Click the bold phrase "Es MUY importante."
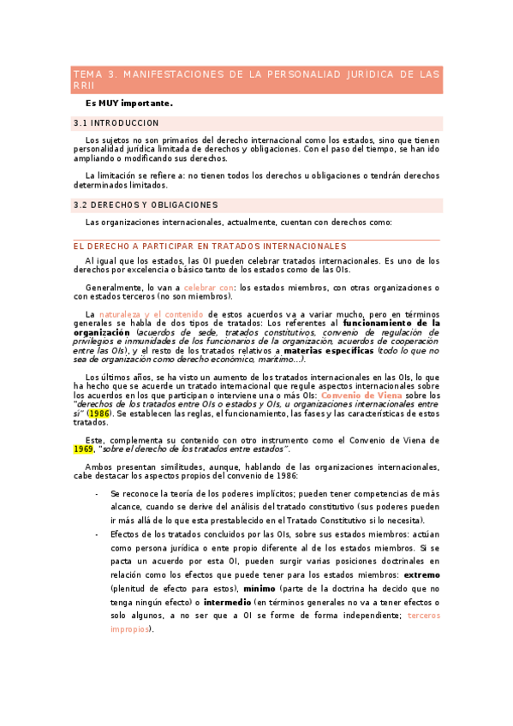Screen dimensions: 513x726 [x=129, y=103]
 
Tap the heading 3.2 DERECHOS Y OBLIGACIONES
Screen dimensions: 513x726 [x=146, y=205]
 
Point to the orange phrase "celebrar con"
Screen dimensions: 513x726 [x=208, y=287]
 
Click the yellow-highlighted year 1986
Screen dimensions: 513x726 [x=99, y=414]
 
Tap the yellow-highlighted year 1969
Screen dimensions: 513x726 [x=83, y=449]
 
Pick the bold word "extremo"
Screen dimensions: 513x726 [x=421, y=574]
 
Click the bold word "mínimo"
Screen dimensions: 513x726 [x=259, y=590]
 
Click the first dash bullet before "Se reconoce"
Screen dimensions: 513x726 [x=97, y=494]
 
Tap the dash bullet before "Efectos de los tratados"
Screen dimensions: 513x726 [x=97, y=534]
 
